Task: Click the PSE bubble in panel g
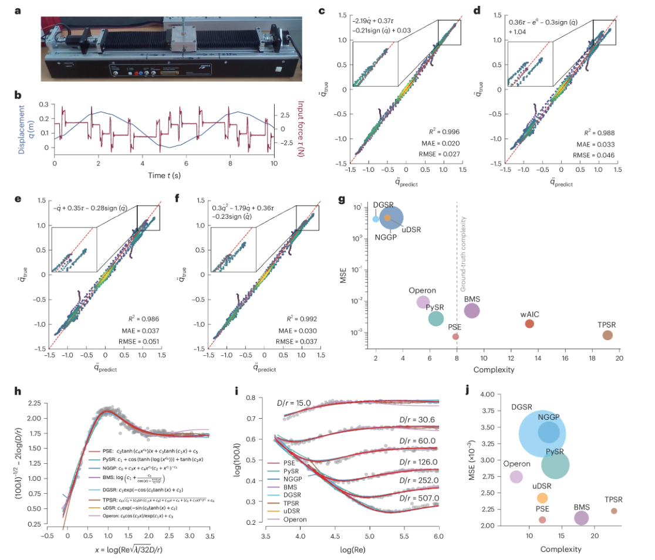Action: pos(455,336)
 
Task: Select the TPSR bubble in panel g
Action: pos(607,335)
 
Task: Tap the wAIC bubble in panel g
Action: pos(529,323)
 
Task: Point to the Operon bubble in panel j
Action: pos(516,477)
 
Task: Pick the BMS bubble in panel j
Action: pos(581,518)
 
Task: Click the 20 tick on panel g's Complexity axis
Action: pos(619,358)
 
